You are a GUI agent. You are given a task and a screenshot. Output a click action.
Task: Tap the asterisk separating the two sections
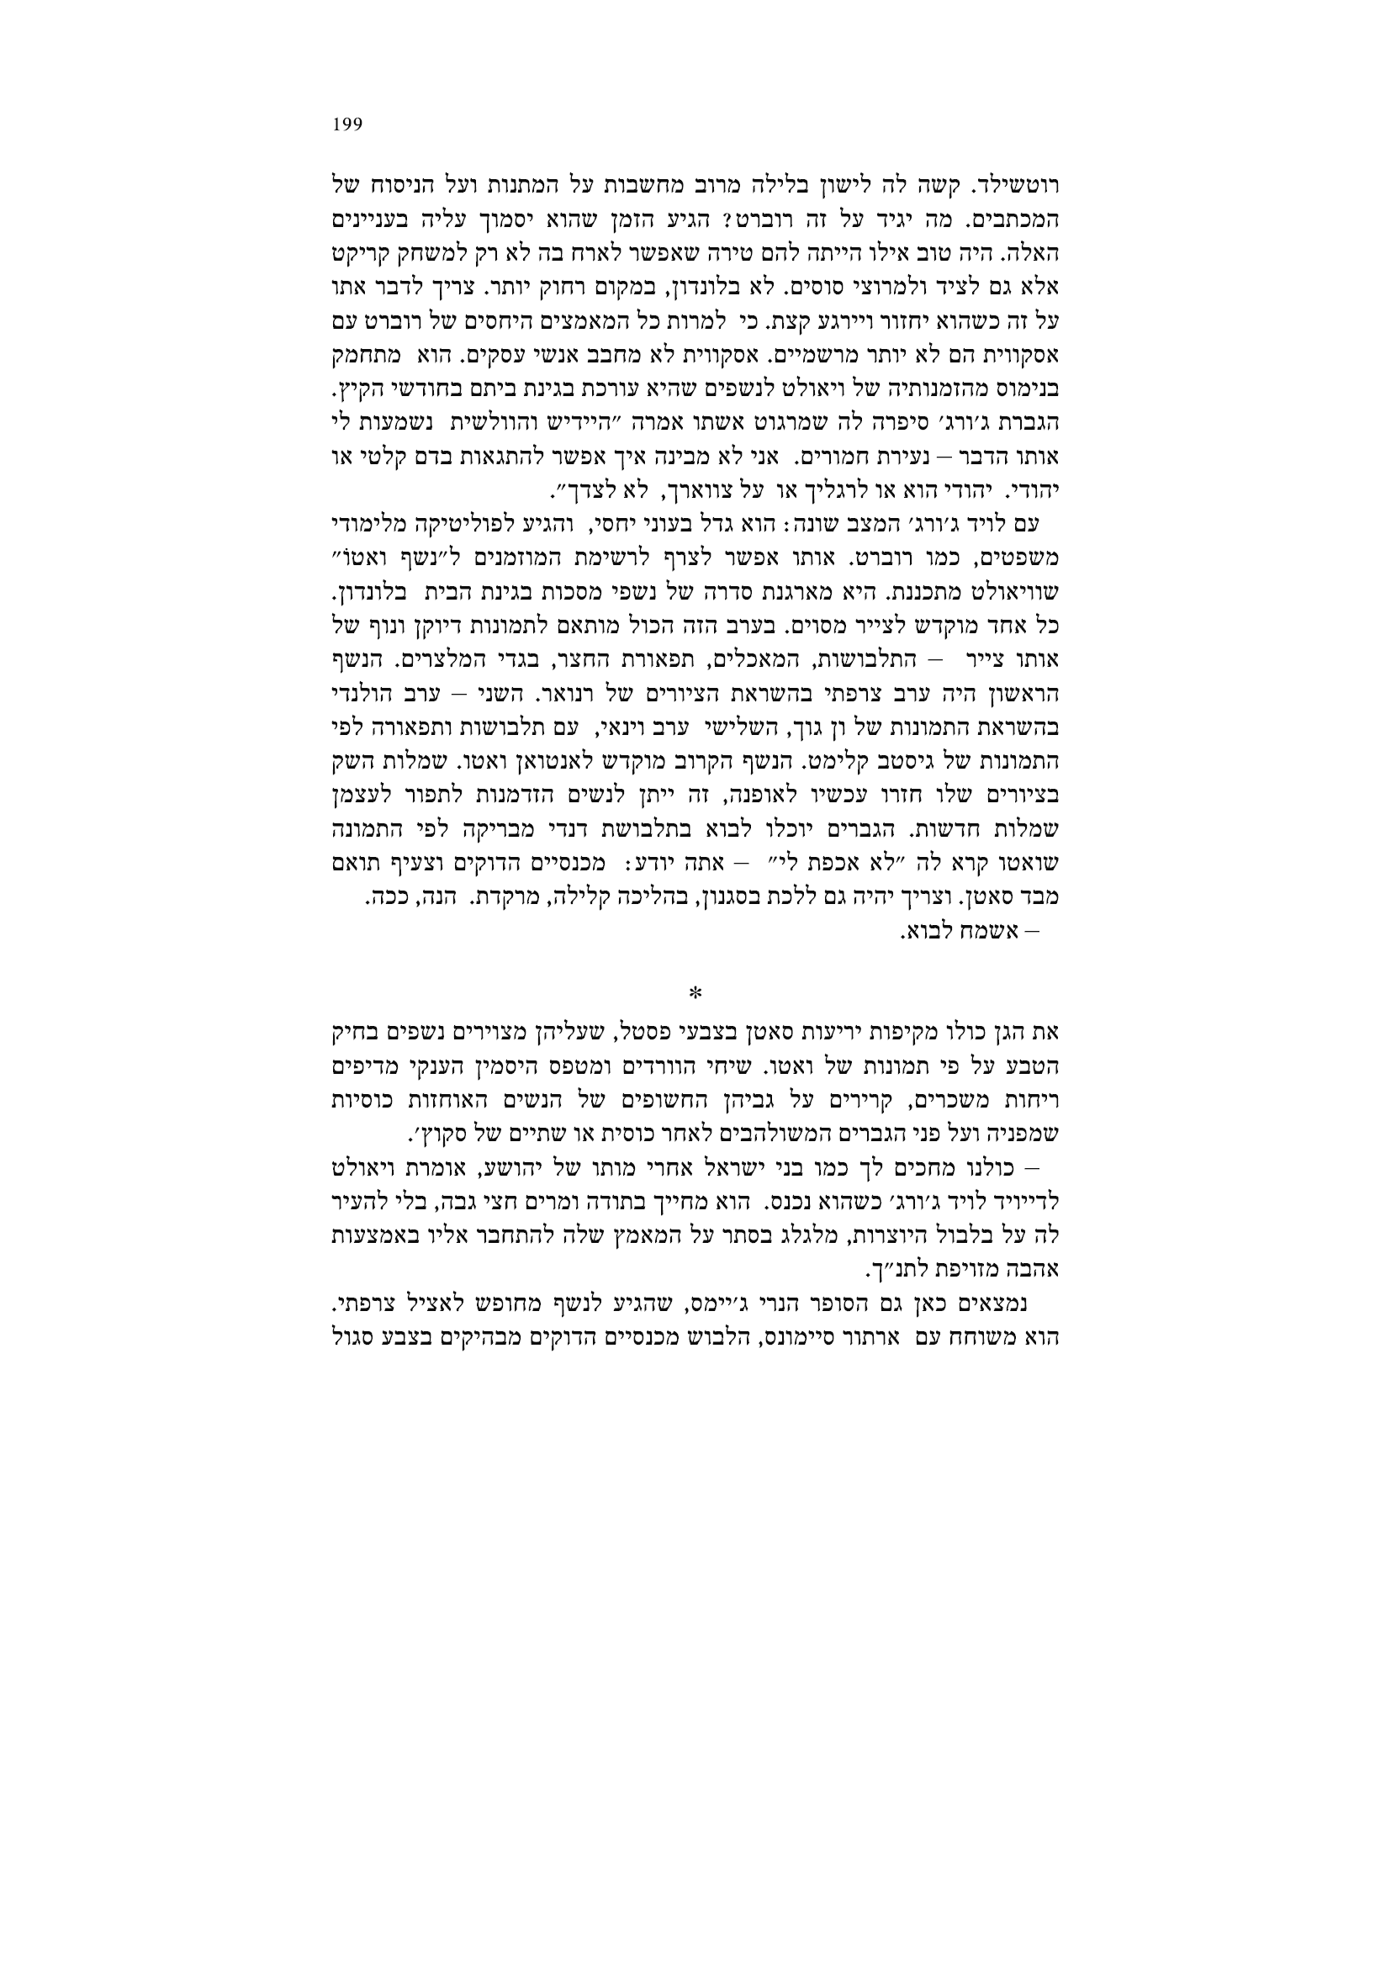[695, 993]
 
